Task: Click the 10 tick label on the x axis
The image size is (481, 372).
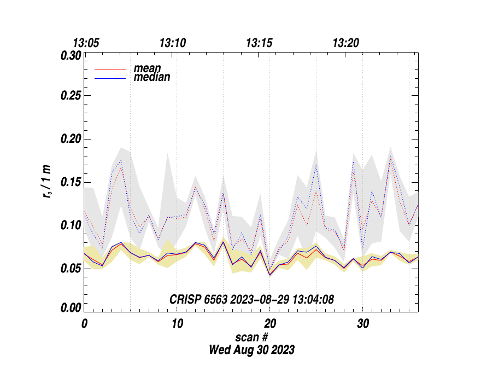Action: [x=177, y=324]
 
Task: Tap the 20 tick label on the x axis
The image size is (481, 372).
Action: [x=269, y=324]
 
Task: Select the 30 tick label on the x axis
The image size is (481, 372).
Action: [x=362, y=324]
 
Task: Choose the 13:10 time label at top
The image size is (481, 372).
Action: [x=172, y=43]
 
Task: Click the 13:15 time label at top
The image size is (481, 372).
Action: [x=259, y=43]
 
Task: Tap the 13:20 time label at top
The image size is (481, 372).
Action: [x=346, y=43]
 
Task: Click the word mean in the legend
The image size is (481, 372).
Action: [x=148, y=69]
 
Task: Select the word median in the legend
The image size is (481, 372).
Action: [x=152, y=77]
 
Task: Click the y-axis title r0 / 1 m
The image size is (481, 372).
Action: [x=48, y=182]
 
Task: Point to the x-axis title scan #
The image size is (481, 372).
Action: [x=251, y=337]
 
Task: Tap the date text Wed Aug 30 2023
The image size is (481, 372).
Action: [x=251, y=350]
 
